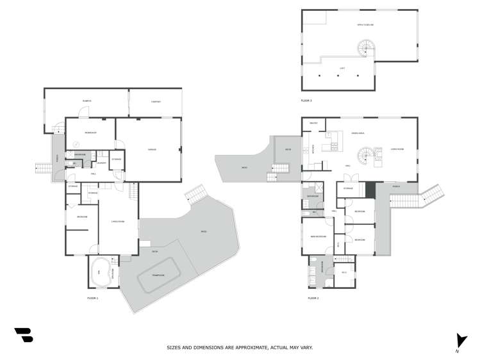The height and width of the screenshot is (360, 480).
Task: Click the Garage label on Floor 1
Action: [x=152, y=150]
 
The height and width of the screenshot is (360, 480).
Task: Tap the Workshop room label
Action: [x=90, y=133]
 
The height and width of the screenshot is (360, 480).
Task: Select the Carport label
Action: [x=156, y=101]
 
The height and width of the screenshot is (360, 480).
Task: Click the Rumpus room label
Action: [x=87, y=101]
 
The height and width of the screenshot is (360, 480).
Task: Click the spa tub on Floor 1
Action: [x=99, y=273]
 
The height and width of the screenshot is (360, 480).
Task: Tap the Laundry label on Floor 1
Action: [x=101, y=163]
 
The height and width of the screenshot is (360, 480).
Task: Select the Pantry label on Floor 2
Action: [x=313, y=123]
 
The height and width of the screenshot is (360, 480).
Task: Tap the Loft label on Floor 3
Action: [x=342, y=67]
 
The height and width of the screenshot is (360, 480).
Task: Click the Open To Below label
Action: [x=365, y=24]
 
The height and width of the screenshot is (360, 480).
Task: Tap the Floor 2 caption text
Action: [x=313, y=298]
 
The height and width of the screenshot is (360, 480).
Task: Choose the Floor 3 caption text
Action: [x=306, y=101]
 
